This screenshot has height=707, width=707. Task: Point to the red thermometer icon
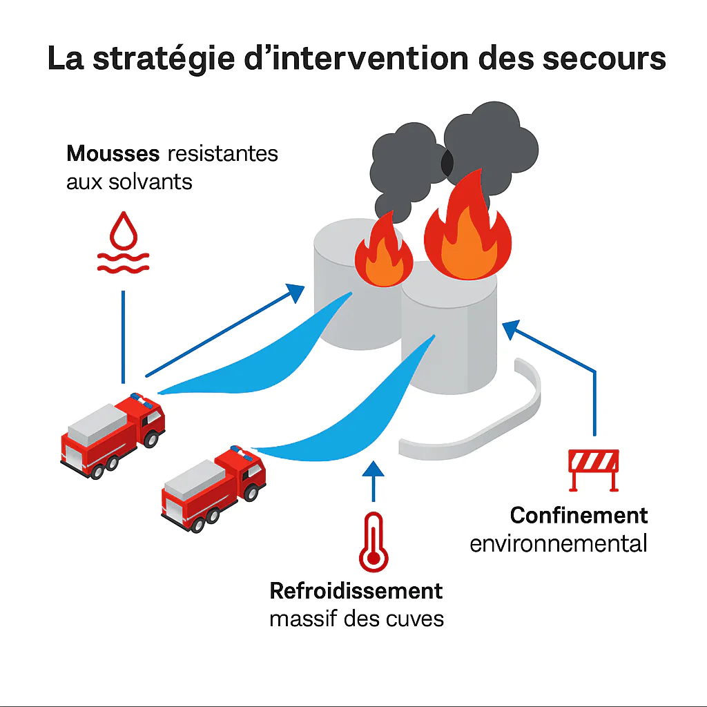click(x=373, y=539)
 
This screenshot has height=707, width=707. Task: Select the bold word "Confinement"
click(x=579, y=515)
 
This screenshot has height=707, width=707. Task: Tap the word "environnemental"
click(x=559, y=543)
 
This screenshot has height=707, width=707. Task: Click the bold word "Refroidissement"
click(x=356, y=591)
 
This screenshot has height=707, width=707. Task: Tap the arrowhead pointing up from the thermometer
click(x=373, y=469)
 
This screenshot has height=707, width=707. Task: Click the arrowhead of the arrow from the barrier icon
click(x=510, y=329)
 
